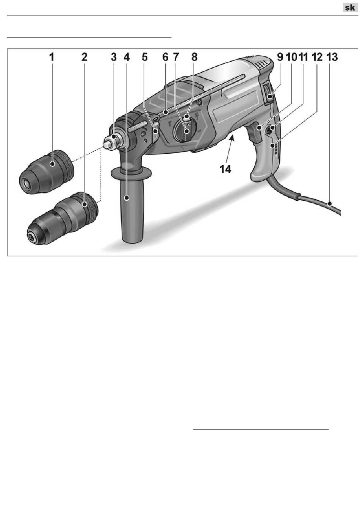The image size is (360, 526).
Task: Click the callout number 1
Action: (x=52, y=57)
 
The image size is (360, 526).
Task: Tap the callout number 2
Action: (x=85, y=57)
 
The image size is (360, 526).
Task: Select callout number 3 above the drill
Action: (x=114, y=57)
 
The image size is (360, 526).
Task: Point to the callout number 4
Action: (x=127, y=57)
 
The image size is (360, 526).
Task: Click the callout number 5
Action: (x=145, y=57)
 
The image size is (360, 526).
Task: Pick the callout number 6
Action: (x=166, y=57)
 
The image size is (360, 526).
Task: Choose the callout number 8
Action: (x=194, y=57)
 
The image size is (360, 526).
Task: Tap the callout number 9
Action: (x=280, y=57)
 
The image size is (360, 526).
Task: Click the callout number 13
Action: (x=332, y=57)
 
